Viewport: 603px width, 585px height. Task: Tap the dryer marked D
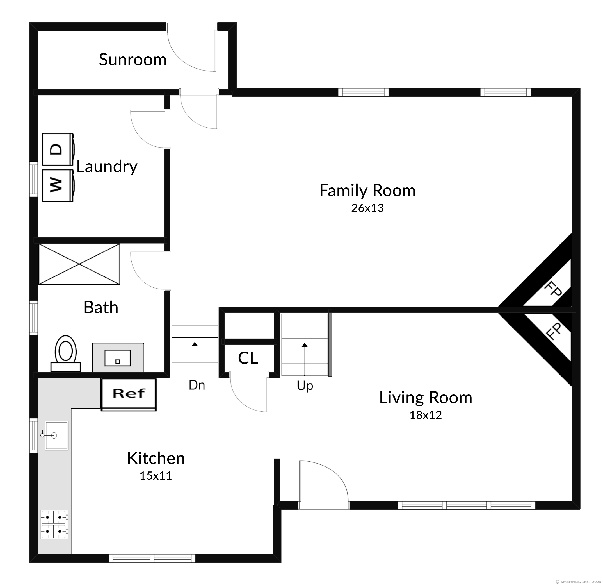(58, 149)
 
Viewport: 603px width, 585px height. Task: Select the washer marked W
(58, 186)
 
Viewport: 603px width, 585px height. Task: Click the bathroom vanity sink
(118, 358)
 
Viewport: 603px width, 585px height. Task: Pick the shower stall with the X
(79, 264)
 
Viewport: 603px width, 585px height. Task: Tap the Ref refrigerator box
(129, 395)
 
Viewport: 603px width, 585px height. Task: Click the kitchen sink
(57, 435)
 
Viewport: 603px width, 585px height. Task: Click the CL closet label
(248, 358)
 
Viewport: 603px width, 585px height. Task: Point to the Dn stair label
(197, 385)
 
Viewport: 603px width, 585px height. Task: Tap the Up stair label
(305, 386)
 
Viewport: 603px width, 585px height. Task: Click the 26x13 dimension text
(367, 208)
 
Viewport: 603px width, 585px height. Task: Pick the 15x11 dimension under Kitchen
(156, 476)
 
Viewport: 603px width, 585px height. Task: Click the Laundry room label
(107, 167)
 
